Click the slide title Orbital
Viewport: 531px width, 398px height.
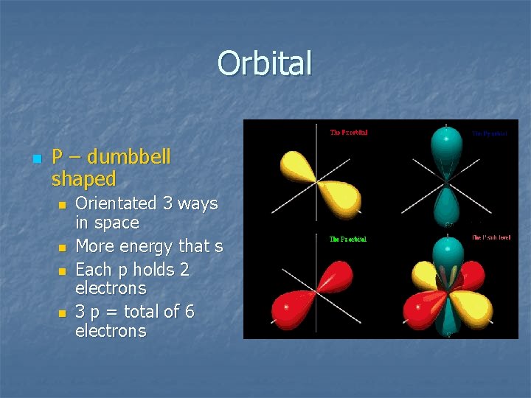pos(265,63)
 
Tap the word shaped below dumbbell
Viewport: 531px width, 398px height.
pos(84,178)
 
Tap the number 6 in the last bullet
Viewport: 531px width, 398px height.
pos(190,312)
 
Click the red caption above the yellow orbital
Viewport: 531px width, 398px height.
pos(348,133)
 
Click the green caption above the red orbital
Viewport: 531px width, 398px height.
pos(347,240)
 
